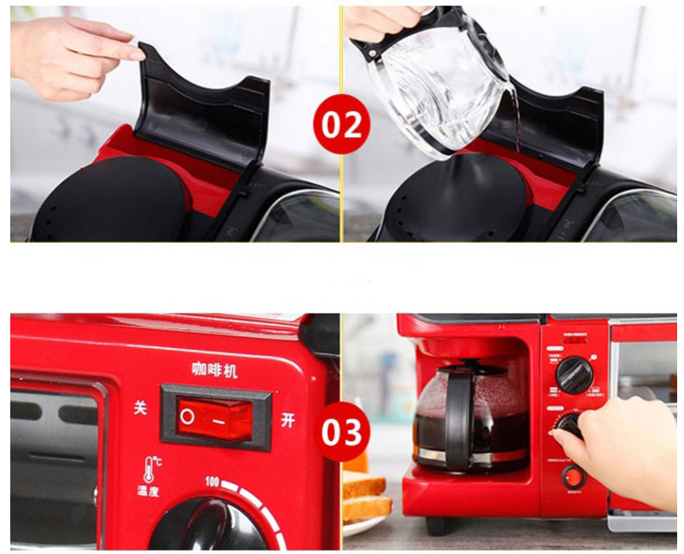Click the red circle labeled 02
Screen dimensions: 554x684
pyautogui.click(x=341, y=126)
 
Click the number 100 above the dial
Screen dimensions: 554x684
pyautogui.click(x=215, y=484)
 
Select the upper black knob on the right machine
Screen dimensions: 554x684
pyautogui.click(x=574, y=374)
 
